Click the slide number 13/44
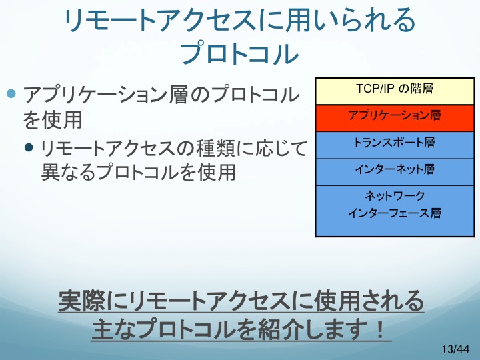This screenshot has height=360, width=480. (455, 349)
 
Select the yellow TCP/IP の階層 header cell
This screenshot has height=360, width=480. (395, 91)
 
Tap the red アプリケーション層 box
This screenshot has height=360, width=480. (395, 118)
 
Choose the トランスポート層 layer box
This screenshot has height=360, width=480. (395, 145)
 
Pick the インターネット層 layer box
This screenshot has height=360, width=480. (395, 172)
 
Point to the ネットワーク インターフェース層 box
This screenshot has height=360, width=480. (395, 211)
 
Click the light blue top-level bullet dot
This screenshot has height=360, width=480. (11, 93)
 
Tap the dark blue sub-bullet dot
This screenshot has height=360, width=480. (29, 147)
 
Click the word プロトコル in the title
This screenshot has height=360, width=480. (239, 53)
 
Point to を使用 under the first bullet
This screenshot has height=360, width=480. (53, 120)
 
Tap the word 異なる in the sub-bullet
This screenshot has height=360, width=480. (69, 172)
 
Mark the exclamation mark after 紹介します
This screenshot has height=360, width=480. (380, 329)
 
